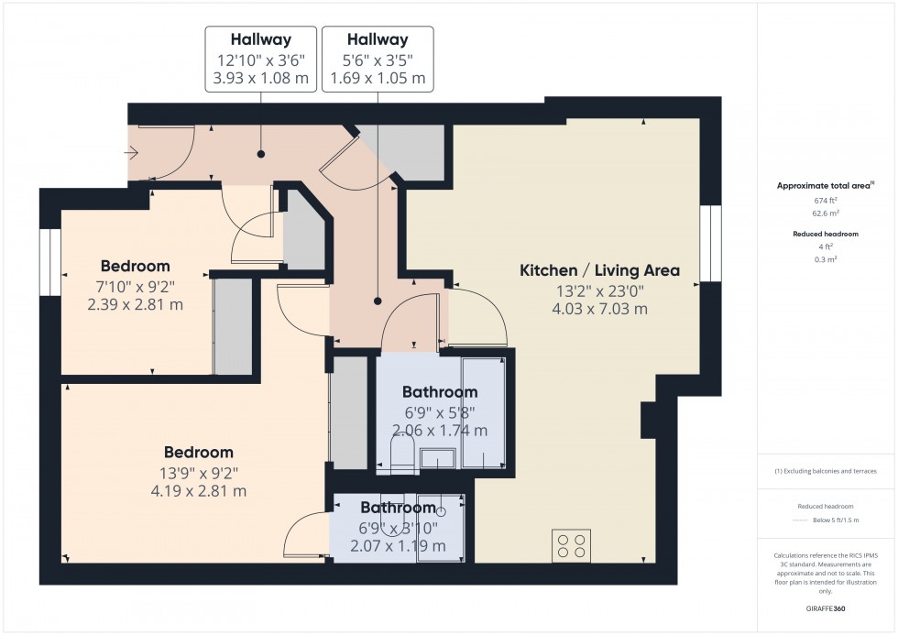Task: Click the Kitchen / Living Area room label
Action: pyautogui.click(x=599, y=270)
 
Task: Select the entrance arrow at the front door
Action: pyautogui.click(x=135, y=154)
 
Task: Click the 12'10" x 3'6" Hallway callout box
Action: pyautogui.click(x=260, y=60)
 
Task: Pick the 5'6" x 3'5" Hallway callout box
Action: pyautogui.click(x=378, y=60)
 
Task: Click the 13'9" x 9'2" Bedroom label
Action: pyautogui.click(x=199, y=453)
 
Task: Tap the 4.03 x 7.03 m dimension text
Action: pyautogui.click(x=599, y=309)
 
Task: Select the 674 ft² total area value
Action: pyautogui.click(x=827, y=201)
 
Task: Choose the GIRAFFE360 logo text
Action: pyautogui.click(x=827, y=608)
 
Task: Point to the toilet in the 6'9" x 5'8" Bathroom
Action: pyautogui.click(x=400, y=454)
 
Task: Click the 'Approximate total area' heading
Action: pyautogui.click(x=825, y=185)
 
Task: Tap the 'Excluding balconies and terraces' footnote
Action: pyautogui.click(x=827, y=471)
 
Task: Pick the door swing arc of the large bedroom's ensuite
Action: pyautogui.click(x=302, y=536)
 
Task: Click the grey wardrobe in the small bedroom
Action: pyautogui.click(x=233, y=325)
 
